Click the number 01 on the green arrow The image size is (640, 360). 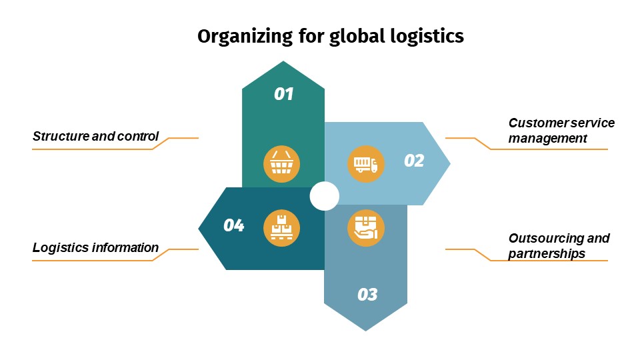coord(284,94)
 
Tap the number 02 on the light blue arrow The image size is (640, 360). coord(414,161)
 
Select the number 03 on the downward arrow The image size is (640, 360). coord(367,294)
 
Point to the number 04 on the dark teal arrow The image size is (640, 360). coord(233,225)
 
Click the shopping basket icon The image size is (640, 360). coord(282,163)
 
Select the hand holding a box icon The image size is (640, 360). coord(366,227)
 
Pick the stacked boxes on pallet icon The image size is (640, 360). coord(282,227)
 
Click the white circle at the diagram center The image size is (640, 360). coord(325,196)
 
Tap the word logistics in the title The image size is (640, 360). coord(425,36)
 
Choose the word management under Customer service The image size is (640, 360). coord(547,139)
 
